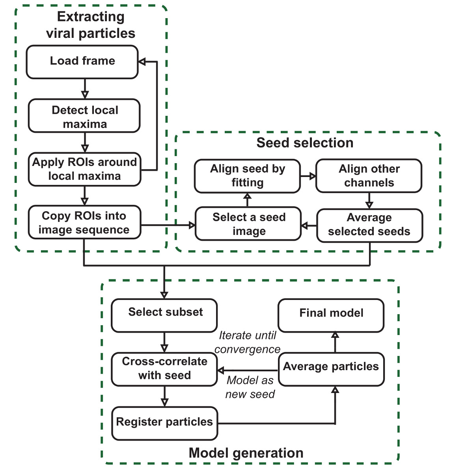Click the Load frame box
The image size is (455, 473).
82,62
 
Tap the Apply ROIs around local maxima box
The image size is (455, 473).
84,169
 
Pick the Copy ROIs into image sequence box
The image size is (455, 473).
84,222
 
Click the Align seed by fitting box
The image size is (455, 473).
248,176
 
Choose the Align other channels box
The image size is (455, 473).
369,176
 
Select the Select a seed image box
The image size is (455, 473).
248,223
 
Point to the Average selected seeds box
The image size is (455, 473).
369,225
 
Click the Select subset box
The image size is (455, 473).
164,315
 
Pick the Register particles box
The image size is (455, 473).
164,423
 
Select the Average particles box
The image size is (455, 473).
331,369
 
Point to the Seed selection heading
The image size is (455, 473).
305,143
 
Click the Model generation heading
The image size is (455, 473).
246,453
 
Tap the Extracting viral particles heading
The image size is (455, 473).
91,25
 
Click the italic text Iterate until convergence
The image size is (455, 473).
248,342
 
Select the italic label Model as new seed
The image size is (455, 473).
250,387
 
